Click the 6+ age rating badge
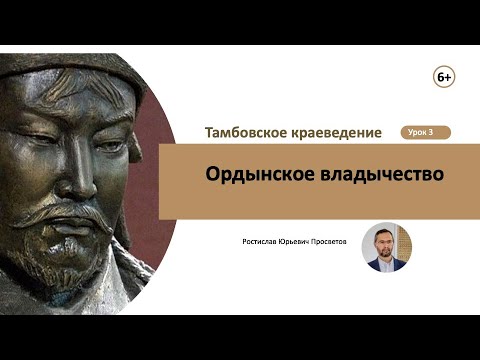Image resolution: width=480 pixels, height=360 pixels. pyautogui.click(x=444, y=77)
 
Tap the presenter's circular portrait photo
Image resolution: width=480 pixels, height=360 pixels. pyautogui.click(x=386, y=247)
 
